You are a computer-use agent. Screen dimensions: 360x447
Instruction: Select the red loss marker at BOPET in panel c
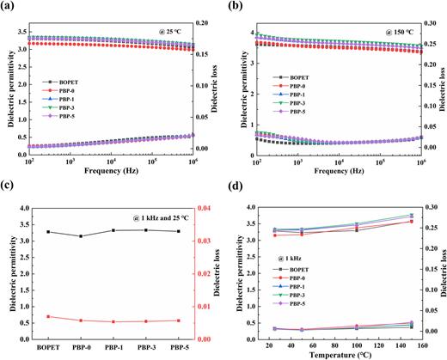coord(47,316)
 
